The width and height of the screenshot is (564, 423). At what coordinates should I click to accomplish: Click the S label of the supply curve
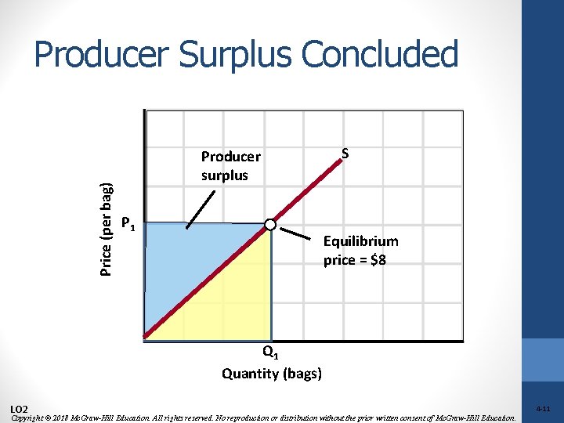pos(345,154)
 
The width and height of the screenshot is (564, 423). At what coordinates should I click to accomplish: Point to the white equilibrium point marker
pos(270,225)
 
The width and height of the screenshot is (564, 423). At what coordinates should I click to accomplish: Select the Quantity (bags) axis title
pos(271,373)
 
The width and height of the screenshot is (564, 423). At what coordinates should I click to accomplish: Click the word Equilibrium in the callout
pos(360,241)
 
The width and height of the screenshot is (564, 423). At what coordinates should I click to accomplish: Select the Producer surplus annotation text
pos(230,165)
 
